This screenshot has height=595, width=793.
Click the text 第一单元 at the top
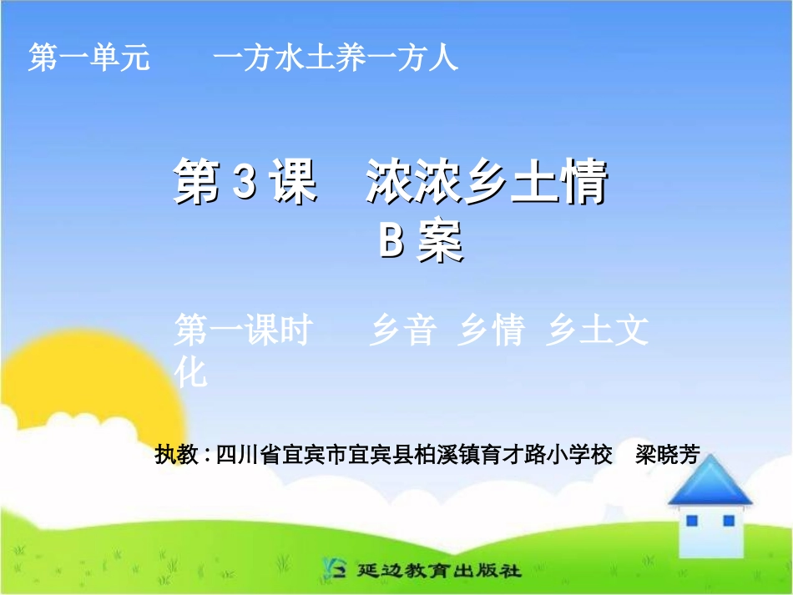[88, 58]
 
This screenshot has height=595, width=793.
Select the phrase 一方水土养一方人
[336, 58]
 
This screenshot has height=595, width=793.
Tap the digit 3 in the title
[243, 184]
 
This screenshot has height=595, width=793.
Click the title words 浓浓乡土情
[487, 184]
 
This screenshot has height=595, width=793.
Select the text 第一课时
[242, 331]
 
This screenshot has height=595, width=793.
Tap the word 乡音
[402, 331]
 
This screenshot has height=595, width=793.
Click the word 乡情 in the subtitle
[491, 331]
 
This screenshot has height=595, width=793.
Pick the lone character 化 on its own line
[190, 373]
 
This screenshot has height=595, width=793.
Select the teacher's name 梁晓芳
[667, 456]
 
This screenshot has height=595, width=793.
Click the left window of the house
[691, 521]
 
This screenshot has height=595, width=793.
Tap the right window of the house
[728, 521]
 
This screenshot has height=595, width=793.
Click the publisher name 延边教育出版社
[438, 571]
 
